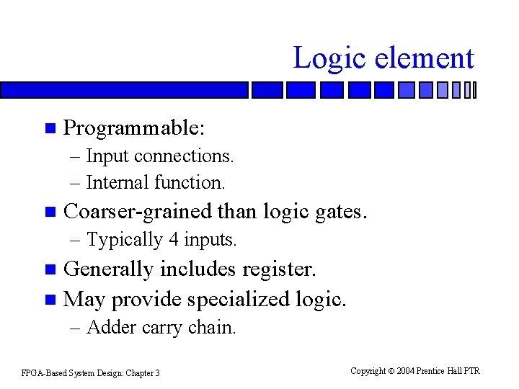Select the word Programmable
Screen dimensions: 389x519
point(134,128)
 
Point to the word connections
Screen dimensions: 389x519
point(184,156)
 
